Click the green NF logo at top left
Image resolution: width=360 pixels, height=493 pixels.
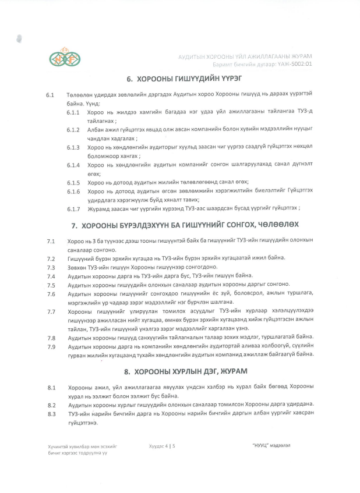65,58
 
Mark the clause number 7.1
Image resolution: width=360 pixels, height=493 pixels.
51,240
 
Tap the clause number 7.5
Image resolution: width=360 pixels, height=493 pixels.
51,285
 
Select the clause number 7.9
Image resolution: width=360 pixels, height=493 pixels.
51,347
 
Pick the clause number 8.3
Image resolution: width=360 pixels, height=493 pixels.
51,414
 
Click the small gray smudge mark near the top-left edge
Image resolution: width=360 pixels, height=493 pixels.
20,39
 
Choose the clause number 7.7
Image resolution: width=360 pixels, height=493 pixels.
51,311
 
